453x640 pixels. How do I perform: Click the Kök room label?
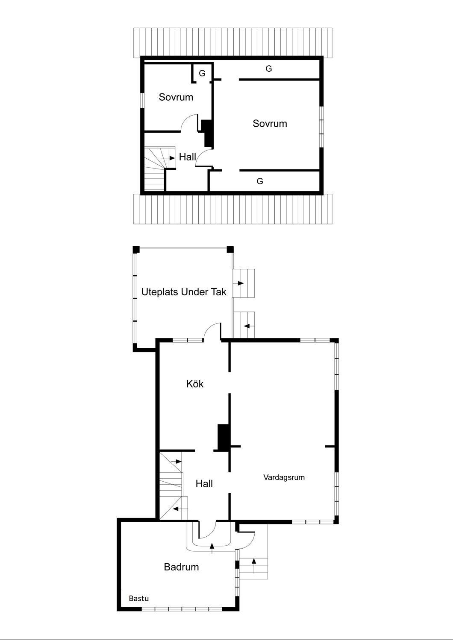click(195, 384)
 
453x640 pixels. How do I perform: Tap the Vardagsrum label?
click(284, 477)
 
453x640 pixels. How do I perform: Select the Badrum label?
click(181, 567)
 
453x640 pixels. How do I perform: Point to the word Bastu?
click(139, 599)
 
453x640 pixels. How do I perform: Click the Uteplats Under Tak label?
click(184, 292)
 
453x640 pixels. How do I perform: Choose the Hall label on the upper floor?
click(187, 157)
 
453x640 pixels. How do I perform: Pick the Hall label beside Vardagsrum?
click(204, 484)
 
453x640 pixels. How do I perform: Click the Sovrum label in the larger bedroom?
click(270, 124)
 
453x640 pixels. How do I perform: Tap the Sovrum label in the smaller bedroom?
click(176, 97)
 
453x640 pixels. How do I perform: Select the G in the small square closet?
click(202, 73)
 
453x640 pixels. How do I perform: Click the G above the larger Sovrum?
click(269, 69)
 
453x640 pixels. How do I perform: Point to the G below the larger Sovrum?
click(260, 181)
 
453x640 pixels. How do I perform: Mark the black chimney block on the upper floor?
click(208, 133)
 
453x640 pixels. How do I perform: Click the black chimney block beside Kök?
click(224, 437)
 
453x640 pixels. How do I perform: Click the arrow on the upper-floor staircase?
click(170, 158)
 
